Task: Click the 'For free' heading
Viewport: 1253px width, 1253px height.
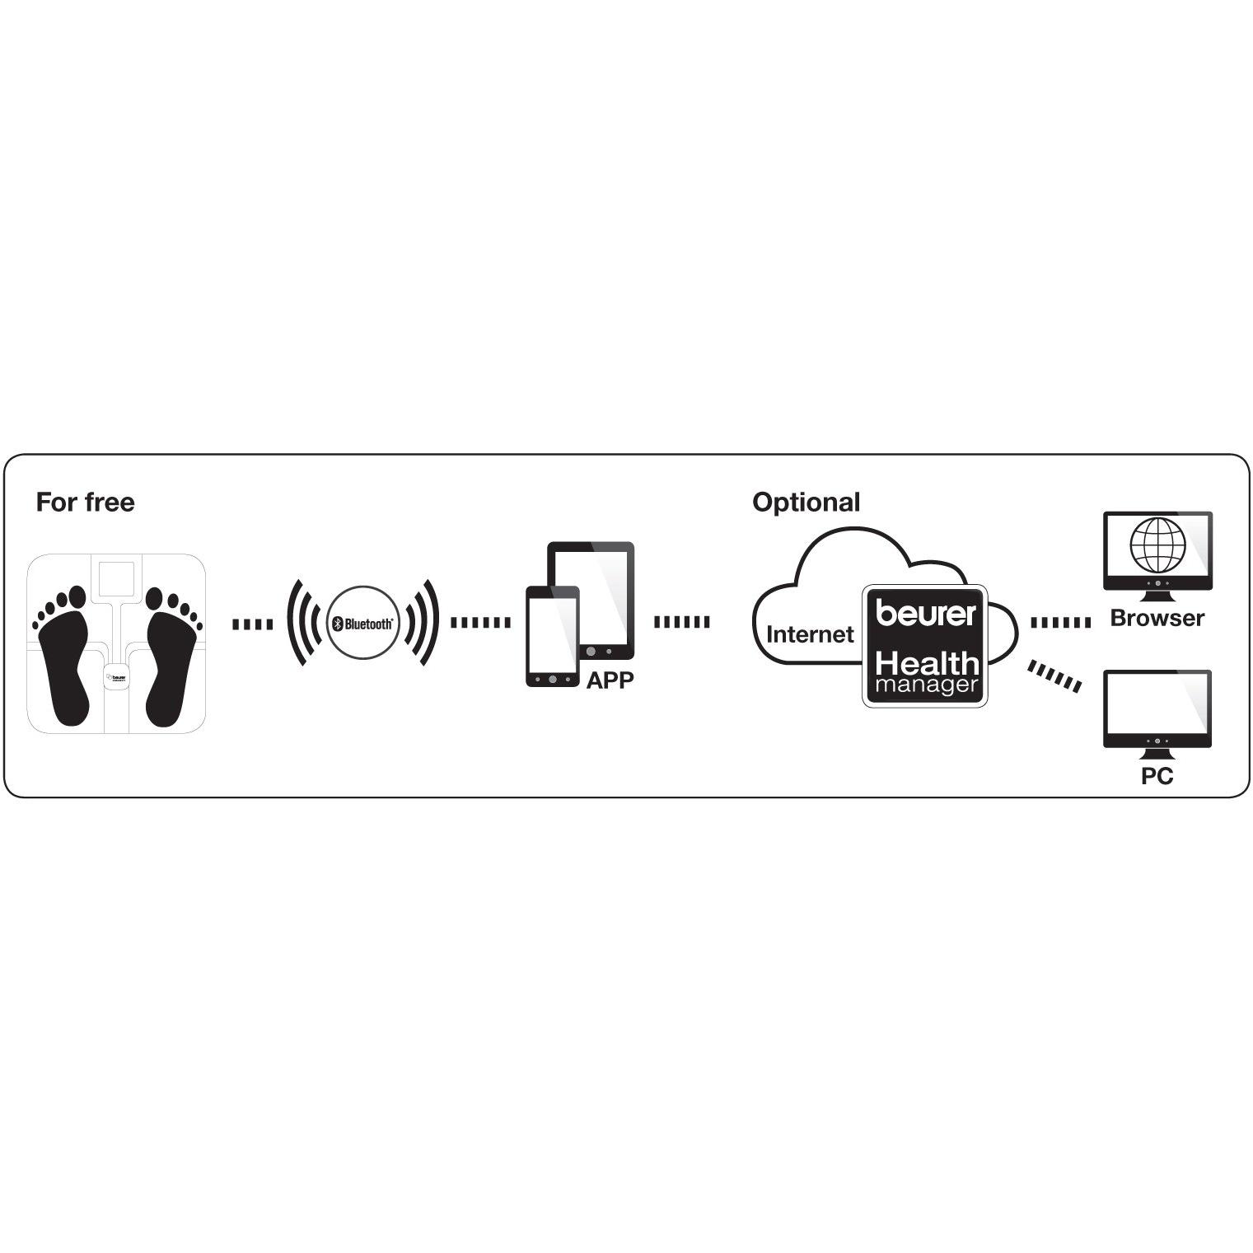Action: tap(85, 503)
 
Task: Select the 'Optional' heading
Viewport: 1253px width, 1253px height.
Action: tap(806, 503)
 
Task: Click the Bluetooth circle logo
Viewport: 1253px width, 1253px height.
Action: tap(362, 624)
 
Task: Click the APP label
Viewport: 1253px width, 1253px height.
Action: tap(610, 681)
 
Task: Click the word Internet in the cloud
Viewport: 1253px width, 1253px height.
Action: tap(810, 634)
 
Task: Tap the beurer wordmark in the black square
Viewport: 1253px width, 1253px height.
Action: tap(925, 613)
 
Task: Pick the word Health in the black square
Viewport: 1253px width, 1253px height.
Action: tap(926, 663)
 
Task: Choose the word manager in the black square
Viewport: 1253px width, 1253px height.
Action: tap(926, 685)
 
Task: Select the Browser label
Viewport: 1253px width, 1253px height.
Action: tap(1157, 618)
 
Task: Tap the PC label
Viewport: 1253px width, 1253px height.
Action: tap(1157, 776)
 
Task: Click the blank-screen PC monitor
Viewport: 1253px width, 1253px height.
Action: tap(1157, 706)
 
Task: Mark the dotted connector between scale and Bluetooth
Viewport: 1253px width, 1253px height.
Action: tap(252, 624)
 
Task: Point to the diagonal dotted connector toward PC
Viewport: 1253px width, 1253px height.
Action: tap(1054, 676)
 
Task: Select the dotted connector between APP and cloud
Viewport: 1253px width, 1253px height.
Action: tap(681, 622)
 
